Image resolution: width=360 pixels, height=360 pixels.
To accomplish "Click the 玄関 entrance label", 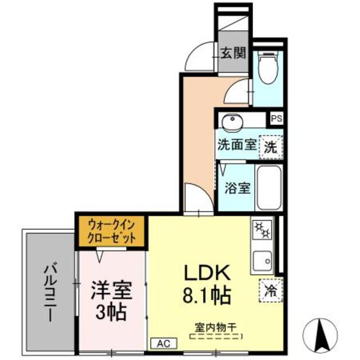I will point(232,53).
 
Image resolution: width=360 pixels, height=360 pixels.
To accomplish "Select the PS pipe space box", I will point(276,119).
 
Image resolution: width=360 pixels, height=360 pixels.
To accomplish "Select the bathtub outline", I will point(268,187).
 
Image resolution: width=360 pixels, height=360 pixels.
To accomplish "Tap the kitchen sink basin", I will point(263,260).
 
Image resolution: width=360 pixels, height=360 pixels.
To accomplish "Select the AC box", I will point(164,343).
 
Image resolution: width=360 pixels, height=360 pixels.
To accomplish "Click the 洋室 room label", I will point(111,290).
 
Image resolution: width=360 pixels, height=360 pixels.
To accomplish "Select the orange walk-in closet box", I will point(111,231).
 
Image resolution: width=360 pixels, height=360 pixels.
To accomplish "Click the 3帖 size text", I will point(111,311).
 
